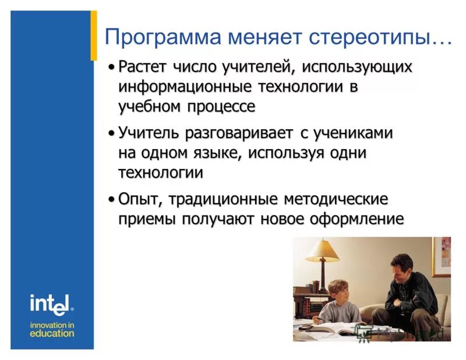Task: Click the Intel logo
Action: (x=51, y=303)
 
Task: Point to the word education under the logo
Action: (x=52, y=334)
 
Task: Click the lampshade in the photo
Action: (x=323, y=250)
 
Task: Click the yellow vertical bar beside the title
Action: (x=94, y=35)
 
